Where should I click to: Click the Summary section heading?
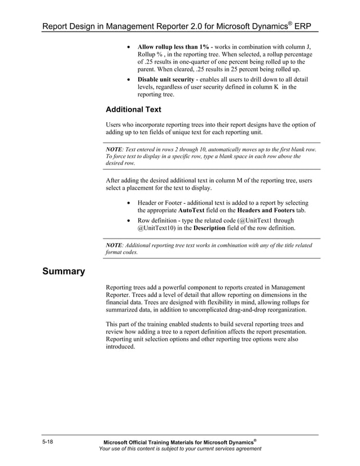pyautogui.click(x=63, y=271)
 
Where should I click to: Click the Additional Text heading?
pyautogui.click(x=133, y=109)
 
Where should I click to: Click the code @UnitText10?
pyautogui.click(x=157, y=228)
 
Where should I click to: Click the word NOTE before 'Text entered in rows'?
pyautogui.click(x=114, y=150)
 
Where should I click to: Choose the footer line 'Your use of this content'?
pyautogui.click(x=179, y=449)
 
